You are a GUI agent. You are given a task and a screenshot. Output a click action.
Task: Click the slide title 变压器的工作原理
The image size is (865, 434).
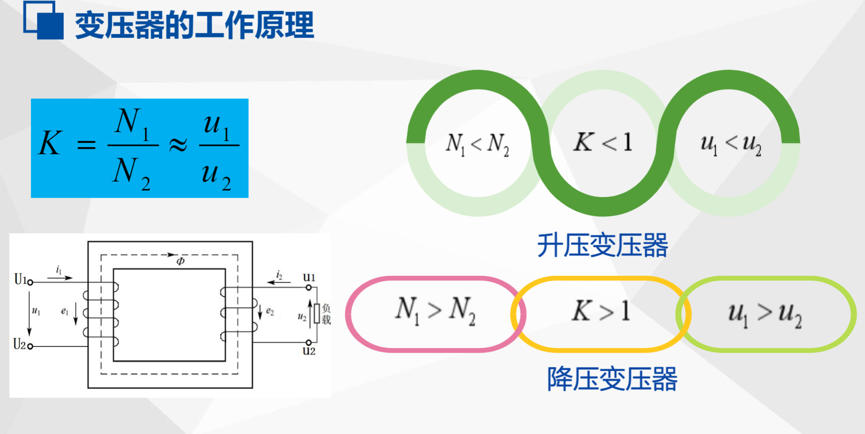pyautogui.click(x=194, y=25)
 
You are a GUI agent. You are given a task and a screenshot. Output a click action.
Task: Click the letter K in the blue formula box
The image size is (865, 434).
pyautogui.click(x=50, y=143)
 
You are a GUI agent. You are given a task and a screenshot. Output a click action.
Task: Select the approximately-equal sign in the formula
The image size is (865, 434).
pyautogui.click(x=178, y=145)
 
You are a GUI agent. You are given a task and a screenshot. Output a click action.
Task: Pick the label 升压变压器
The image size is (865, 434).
pyautogui.click(x=603, y=245)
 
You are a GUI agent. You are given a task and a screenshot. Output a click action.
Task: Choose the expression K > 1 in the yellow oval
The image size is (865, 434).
pyautogui.click(x=601, y=311)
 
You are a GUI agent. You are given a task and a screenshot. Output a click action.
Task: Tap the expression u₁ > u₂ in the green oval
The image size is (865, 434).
pyautogui.click(x=764, y=313)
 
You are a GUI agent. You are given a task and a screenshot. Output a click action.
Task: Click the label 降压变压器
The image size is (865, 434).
pyautogui.click(x=612, y=379)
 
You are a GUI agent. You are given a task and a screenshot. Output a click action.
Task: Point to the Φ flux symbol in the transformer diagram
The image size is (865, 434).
pyautogui.click(x=181, y=261)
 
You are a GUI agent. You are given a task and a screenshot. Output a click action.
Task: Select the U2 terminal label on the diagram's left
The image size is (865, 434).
pyautogui.click(x=20, y=345)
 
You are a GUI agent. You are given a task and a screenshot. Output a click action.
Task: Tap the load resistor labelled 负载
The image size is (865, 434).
pyautogui.click(x=317, y=314)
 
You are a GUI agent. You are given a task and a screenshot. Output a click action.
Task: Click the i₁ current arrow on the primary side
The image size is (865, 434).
pyautogui.click(x=60, y=276)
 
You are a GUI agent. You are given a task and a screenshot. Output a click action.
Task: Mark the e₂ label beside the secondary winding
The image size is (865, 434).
pyautogui.click(x=269, y=311)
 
